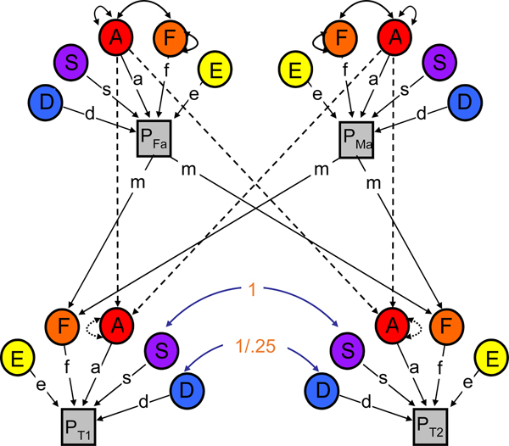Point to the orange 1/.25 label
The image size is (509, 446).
point(255,345)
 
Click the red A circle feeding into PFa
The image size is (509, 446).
point(116,37)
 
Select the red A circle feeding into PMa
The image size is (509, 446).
point(392,37)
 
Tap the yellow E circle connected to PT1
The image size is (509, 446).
point(20,359)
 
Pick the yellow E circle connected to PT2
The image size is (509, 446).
point(489,359)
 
